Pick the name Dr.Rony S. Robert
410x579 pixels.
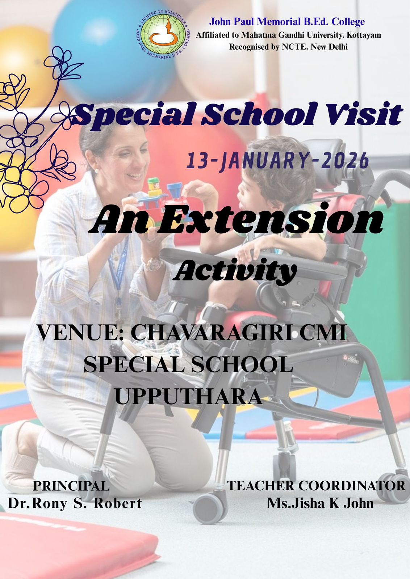[75, 503]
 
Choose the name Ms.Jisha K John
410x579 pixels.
[320, 503]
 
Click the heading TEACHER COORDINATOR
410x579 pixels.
[316, 486]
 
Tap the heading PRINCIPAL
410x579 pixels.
[71, 486]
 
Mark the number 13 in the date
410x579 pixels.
[196, 161]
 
